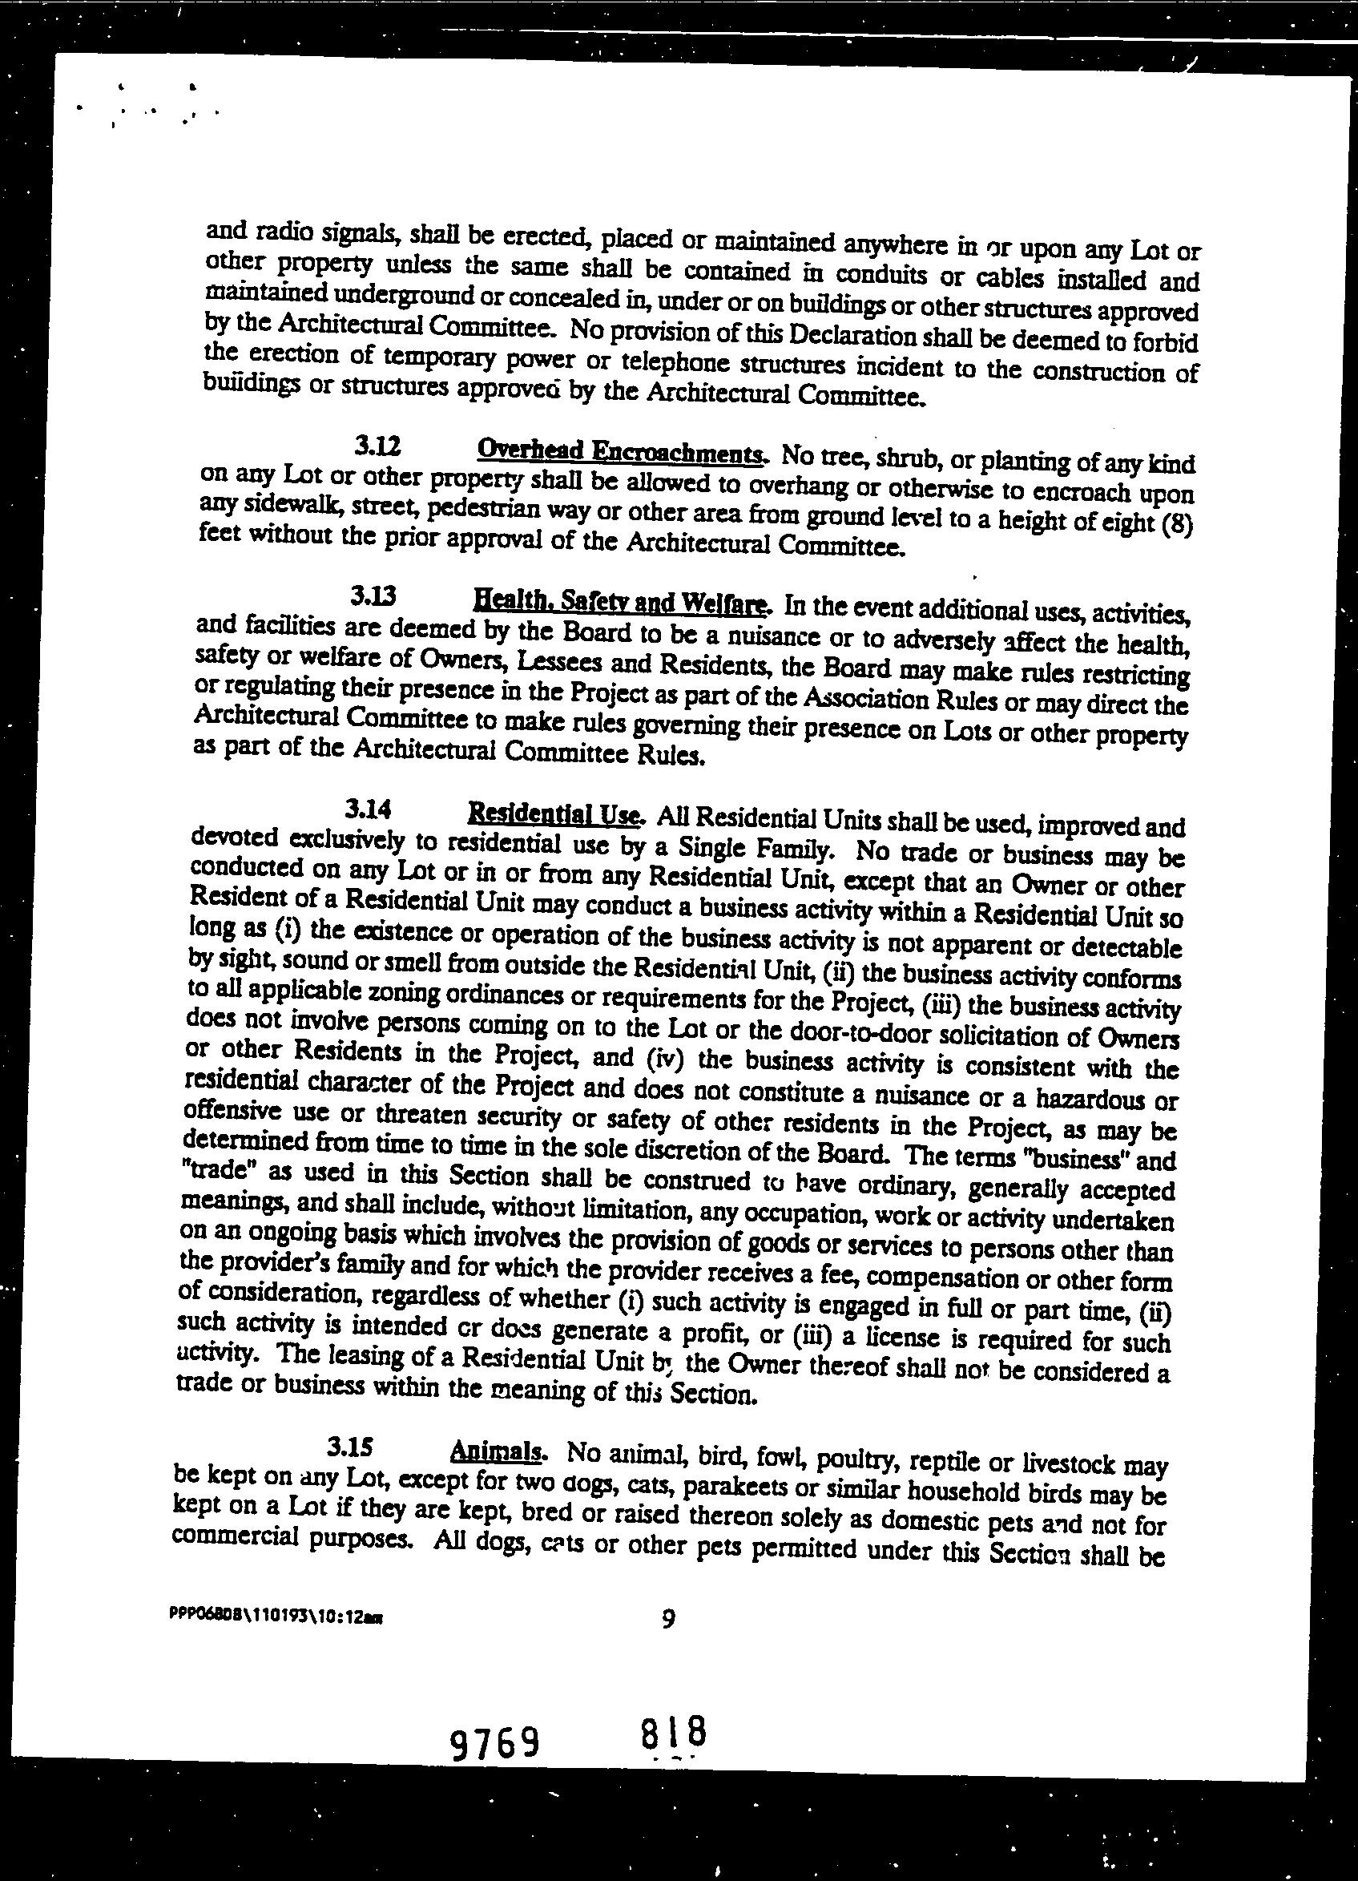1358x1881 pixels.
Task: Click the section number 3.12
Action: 378,447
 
